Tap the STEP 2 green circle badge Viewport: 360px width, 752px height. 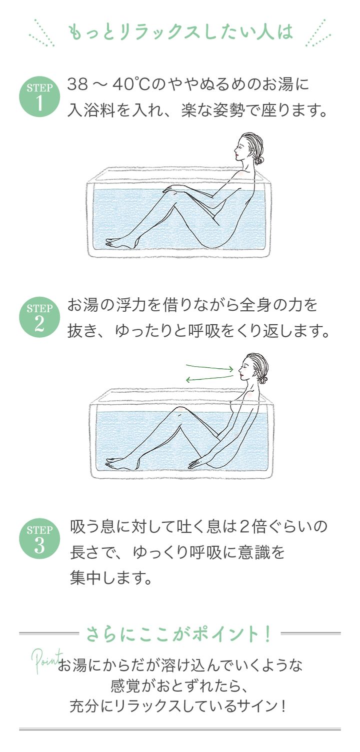pos(39,317)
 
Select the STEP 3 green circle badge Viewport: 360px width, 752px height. pos(39,539)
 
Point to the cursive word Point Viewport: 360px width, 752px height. pos(47,659)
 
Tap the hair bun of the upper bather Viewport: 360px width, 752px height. pos(258,161)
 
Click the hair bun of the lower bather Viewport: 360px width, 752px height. pos(263,380)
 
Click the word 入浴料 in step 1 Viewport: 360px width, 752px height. pos(91,110)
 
